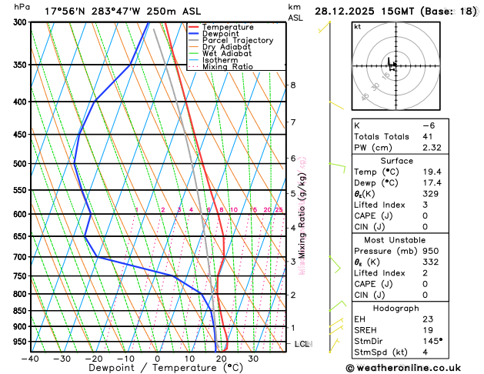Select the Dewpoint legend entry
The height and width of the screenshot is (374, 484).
click(x=220, y=34)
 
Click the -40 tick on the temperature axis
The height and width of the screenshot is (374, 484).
click(x=30, y=358)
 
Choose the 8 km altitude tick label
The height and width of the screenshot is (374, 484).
click(x=292, y=85)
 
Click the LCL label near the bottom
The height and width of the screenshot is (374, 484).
click(x=302, y=344)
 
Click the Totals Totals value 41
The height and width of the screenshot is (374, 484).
click(x=428, y=136)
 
